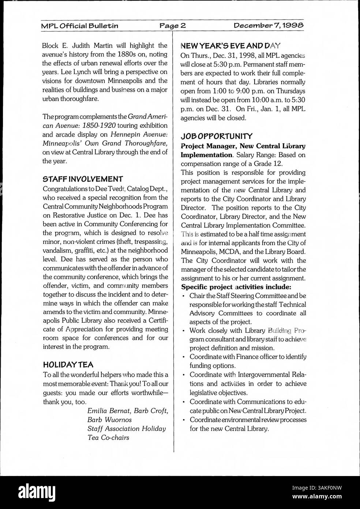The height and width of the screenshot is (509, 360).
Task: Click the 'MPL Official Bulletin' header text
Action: click(79, 26)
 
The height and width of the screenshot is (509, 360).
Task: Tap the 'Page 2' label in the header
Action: click(173, 26)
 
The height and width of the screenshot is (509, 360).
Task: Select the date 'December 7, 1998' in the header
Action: click(269, 26)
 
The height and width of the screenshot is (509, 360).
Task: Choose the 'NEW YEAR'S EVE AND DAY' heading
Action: click(230, 46)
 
